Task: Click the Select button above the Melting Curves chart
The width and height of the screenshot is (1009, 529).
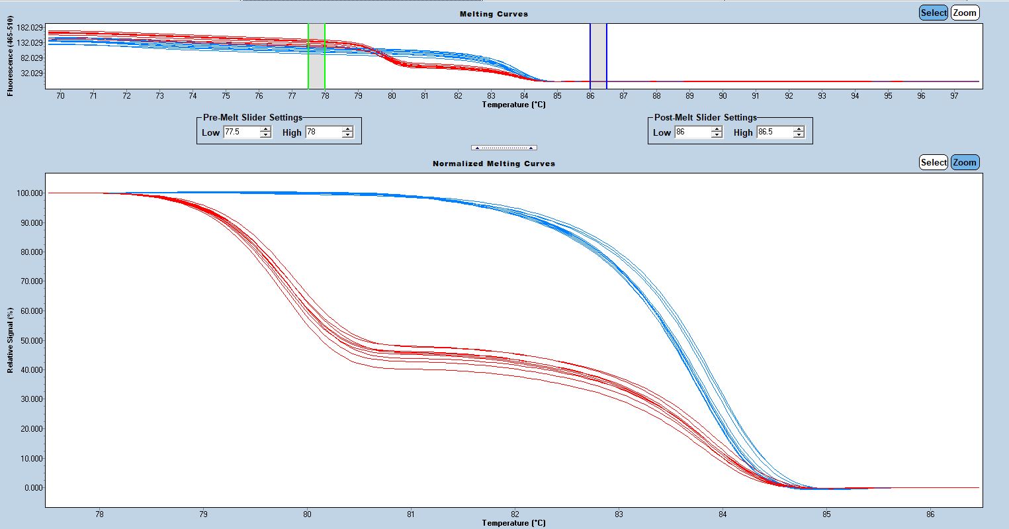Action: pyautogui.click(x=934, y=13)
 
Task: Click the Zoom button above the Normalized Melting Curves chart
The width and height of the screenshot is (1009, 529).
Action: pyautogui.click(x=965, y=162)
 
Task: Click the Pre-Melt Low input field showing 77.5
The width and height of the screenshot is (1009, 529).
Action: pyautogui.click(x=240, y=132)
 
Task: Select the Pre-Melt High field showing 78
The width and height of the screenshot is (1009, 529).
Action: pyautogui.click(x=322, y=132)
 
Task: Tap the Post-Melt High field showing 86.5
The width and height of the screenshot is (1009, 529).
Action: pyautogui.click(x=773, y=132)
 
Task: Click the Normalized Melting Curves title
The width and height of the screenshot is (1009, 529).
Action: pyautogui.click(x=494, y=164)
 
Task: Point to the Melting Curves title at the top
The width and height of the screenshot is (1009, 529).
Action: pyautogui.click(x=494, y=14)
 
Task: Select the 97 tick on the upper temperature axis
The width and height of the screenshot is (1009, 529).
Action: pyautogui.click(x=954, y=96)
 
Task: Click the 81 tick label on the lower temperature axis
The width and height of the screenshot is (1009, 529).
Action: pyautogui.click(x=411, y=514)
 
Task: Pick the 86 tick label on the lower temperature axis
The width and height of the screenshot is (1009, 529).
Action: pyautogui.click(x=930, y=514)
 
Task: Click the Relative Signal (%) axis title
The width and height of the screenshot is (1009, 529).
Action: pyautogui.click(x=11, y=340)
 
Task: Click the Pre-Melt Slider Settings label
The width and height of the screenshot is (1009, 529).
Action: pyautogui.click(x=252, y=117)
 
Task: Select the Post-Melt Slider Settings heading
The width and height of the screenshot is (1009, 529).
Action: pyautogui.click(x=705, y=117)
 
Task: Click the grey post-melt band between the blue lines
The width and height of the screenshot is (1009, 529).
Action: pyautogui.click(x=598, y=56)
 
